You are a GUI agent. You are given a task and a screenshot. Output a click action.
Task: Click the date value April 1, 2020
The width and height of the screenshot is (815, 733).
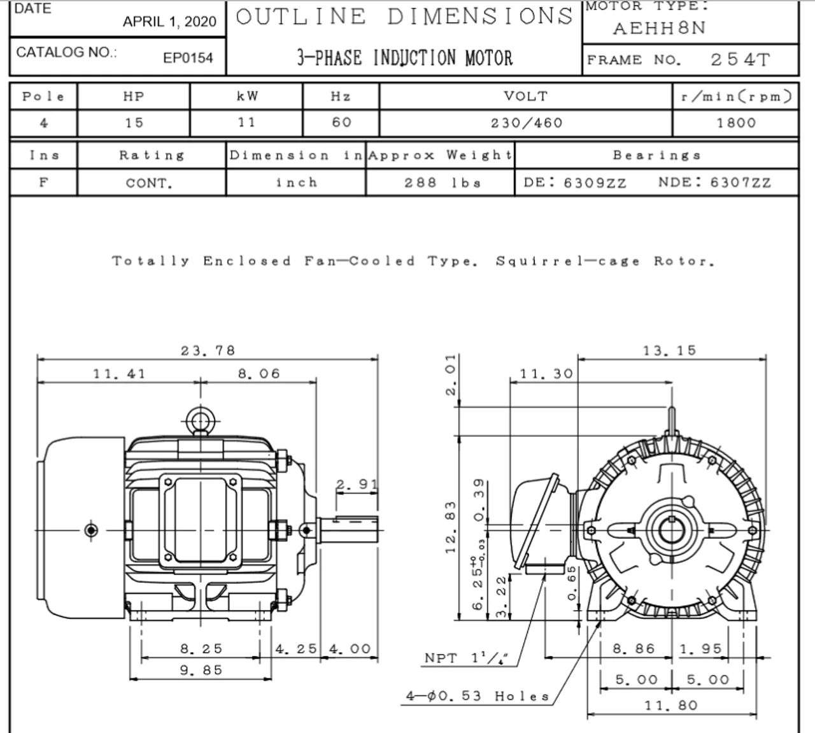pos(169,22)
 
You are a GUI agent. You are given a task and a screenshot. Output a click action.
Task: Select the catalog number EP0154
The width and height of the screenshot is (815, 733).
pos(188,58)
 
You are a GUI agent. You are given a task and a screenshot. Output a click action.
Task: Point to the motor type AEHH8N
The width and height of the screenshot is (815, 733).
pos(659,29)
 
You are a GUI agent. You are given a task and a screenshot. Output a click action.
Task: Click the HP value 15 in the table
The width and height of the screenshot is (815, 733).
pos(134,123)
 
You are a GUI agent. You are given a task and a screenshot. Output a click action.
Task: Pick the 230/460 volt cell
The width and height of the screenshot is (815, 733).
pos(527,123)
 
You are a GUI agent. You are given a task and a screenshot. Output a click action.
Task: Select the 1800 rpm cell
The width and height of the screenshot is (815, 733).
pos(736,123)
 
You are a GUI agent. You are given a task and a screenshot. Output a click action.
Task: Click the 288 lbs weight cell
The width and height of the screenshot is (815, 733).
pos(443,183)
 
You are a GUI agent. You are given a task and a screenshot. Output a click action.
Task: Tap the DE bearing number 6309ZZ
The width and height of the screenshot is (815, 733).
pos(595,183)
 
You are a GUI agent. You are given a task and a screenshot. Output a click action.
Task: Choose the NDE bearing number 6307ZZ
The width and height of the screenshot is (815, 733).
pos(741,183)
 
